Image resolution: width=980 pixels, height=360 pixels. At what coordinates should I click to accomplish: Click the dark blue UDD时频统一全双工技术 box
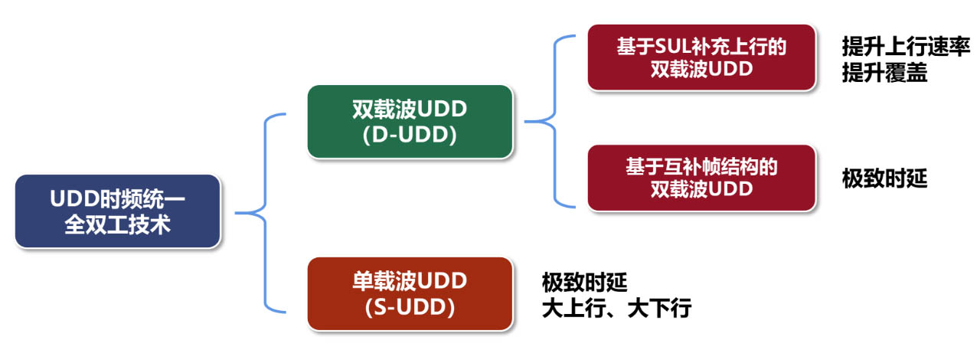tap(118, 211)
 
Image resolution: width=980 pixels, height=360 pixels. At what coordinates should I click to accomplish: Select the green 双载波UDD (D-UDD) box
tap(410, 122)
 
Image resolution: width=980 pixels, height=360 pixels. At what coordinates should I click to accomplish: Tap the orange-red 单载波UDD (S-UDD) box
tap(410, 294)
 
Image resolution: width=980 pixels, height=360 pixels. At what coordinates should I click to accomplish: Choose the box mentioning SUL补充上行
tap(702, 57)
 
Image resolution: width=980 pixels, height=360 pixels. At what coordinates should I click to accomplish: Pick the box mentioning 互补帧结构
tap(702, 178)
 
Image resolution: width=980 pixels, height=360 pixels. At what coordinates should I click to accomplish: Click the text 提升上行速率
tap(906, 47)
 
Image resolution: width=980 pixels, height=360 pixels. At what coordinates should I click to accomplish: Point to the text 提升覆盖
tap(884, 73)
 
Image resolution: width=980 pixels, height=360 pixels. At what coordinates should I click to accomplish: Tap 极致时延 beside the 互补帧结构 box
tap(884, 178)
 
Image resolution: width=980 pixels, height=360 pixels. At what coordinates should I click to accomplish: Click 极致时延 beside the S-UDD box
tap(584, 282)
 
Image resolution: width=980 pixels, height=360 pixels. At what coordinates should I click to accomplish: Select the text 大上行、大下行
tap(616, 308)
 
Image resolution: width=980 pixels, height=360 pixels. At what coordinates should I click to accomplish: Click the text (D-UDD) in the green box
tap(410, 135)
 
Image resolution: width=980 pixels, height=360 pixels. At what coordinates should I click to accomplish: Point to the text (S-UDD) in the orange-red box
tap(410, 307)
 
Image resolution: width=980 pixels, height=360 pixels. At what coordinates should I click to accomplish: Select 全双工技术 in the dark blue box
tap(118, 224)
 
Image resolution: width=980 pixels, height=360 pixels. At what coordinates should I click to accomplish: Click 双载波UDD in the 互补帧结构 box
tap(702, 189)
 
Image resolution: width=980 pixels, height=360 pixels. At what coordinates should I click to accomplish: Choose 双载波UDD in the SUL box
tap(702, 69)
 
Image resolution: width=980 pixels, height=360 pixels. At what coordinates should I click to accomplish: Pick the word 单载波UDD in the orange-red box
tap(410, 281)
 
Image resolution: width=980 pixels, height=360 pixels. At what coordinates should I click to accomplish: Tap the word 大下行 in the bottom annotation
tap(659, 308)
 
